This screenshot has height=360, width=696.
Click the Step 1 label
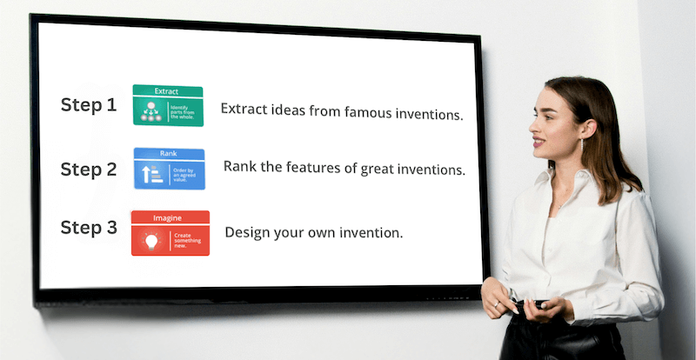pos(88,105)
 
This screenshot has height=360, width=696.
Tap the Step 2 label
pos(88,170)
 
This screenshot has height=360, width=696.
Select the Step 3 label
pos(88,228)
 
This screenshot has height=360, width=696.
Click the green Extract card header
pos(167,90)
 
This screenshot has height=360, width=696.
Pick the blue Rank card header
pos(169,153)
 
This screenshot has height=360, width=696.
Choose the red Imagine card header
pos(170,217)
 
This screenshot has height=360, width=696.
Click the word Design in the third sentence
pos(245,232)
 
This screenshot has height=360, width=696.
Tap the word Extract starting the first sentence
pos(243,110)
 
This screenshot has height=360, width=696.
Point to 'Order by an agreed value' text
pos(186,175)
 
